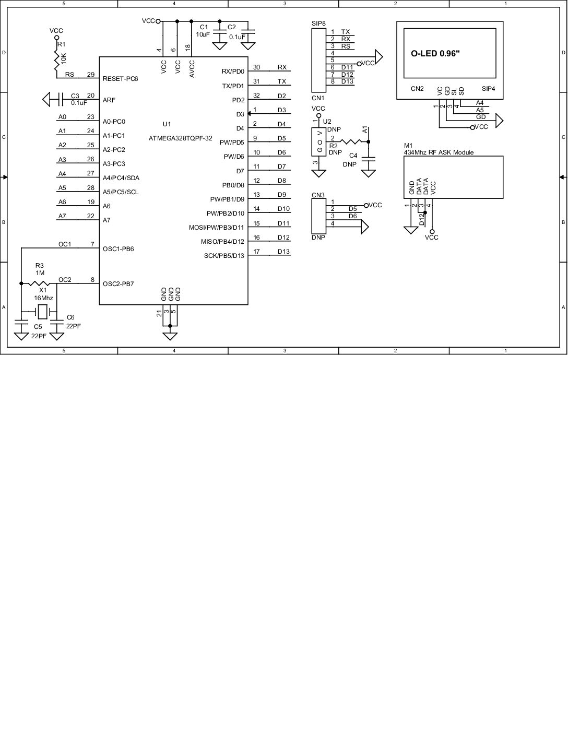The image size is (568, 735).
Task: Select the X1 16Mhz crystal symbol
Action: coord(43,312)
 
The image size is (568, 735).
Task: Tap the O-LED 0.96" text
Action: coord(435,53)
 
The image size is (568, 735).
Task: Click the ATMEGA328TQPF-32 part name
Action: coord(180,138)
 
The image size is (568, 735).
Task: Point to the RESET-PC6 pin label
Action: coord(121,79)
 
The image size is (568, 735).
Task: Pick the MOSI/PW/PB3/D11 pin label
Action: coord(216,228)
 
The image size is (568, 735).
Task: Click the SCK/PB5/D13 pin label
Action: coord(224,256)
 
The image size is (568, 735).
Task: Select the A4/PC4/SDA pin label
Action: coord(121,178)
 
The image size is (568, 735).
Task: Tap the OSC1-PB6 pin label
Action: coord(118,249)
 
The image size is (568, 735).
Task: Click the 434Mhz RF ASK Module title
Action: coord(439,152)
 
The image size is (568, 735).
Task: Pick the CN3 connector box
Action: coord(318,216)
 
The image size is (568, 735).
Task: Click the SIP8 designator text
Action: coord(318,23)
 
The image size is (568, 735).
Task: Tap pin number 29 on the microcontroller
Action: coord(91,75)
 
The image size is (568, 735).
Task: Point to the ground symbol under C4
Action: coord(369,172)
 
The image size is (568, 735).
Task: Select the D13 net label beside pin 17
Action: coord(283,252)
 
